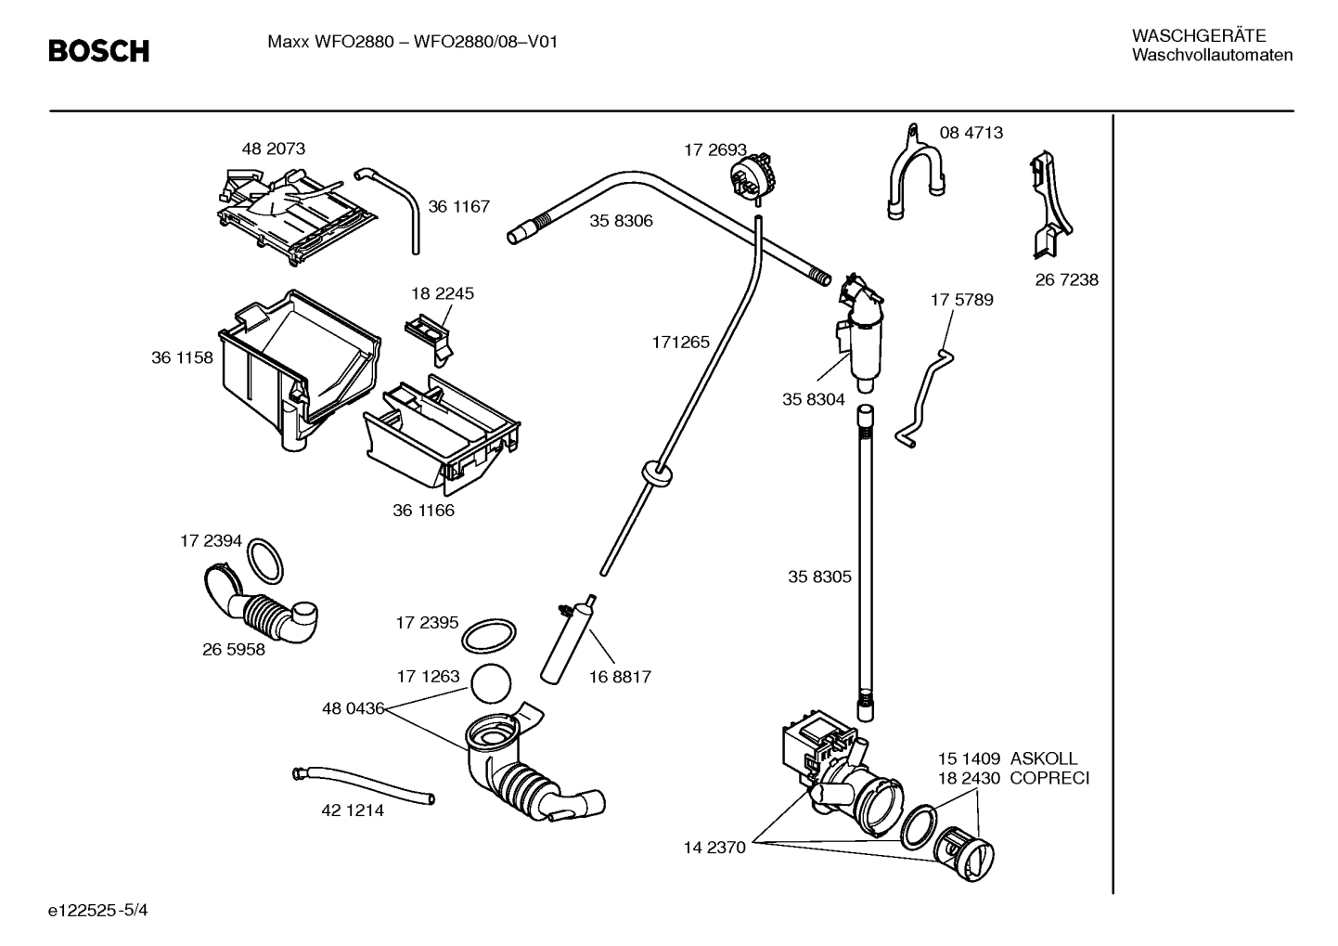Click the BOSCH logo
click(98, 51)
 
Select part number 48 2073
click(273, 149)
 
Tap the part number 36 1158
click(182, 357)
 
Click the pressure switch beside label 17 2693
click(752, 176)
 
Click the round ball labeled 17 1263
click(491, 685)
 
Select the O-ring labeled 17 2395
click(488, 637)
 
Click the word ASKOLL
click(1044, 758)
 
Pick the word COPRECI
click(1049, 778)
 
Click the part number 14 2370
click(714, 848)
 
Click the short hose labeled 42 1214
click(364, 784)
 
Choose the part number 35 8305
click(819, 577)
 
